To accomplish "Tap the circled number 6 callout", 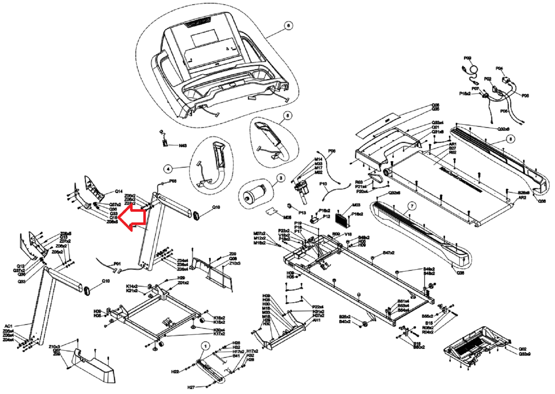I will pyautogui.click(x=288, y=25).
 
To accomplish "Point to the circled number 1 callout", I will pyautogui.click(x=205, y=346).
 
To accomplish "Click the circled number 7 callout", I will pyautogui.click(x=412, y=206).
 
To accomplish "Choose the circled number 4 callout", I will pyautogui.click(x=168, y=168).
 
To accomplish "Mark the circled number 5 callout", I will pyautogui.click(x=287, y=115).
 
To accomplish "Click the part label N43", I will pyautogui.click(x=183, y=146).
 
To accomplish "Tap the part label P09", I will pyautogui.click(x=467, y=58).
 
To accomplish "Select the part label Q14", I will pyautogui.click(x=119, y=191).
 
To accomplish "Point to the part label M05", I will pyautogui.click(x=287, y=217).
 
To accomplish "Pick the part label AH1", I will pyautogui.click(x=316, y=320).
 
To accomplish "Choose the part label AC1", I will pyautogui.click(x=9, y=326).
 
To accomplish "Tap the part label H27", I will pyautogui.click(x=191, y=387).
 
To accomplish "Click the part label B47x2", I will pyautogui.click(x=388, y=253).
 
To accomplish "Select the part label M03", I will pyautogui.click(x=356, y=205).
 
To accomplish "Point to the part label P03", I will pyautogui.click(x=173, y=181).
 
